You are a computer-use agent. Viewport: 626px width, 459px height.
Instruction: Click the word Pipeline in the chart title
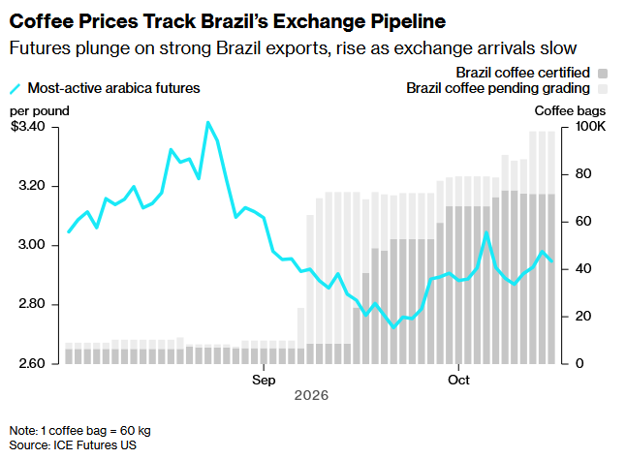click(408, 22)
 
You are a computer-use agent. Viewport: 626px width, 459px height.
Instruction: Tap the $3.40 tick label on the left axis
click(28, 127)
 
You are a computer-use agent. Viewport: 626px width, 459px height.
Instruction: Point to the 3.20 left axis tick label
click(32, 186)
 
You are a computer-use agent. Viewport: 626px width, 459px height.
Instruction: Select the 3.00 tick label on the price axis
click(32, 245)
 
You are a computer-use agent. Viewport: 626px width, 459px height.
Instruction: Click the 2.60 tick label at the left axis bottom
click(32, 364)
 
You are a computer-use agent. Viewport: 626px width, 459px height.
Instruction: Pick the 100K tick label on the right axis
click(590, 127)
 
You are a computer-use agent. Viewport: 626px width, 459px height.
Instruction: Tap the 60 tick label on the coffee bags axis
click(583, 222)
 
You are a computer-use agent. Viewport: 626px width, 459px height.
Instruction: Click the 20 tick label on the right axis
click(583, 317)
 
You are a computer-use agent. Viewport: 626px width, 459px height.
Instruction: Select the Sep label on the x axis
click(264, 380)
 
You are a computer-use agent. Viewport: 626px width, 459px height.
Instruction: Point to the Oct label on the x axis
click(458, 380)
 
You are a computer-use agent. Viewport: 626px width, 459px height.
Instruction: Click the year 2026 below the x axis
click(311, 396)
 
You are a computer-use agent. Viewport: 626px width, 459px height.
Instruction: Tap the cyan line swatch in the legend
click(16, 88)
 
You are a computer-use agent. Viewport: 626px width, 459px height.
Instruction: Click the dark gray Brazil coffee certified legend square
click(603, 74)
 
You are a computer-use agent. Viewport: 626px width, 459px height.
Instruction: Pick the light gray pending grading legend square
click(603, 89)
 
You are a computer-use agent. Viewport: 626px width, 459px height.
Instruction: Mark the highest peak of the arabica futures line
click(207, 122)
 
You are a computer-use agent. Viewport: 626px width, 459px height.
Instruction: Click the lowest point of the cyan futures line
click(393, 327)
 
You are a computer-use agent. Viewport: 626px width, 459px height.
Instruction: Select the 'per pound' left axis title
click(40, 110)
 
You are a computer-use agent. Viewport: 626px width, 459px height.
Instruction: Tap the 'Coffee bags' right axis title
click(570, 110)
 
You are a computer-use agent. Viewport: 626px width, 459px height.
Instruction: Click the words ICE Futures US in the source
click(95, 445)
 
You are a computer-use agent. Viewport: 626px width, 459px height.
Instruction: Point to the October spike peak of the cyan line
click(486, 232)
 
